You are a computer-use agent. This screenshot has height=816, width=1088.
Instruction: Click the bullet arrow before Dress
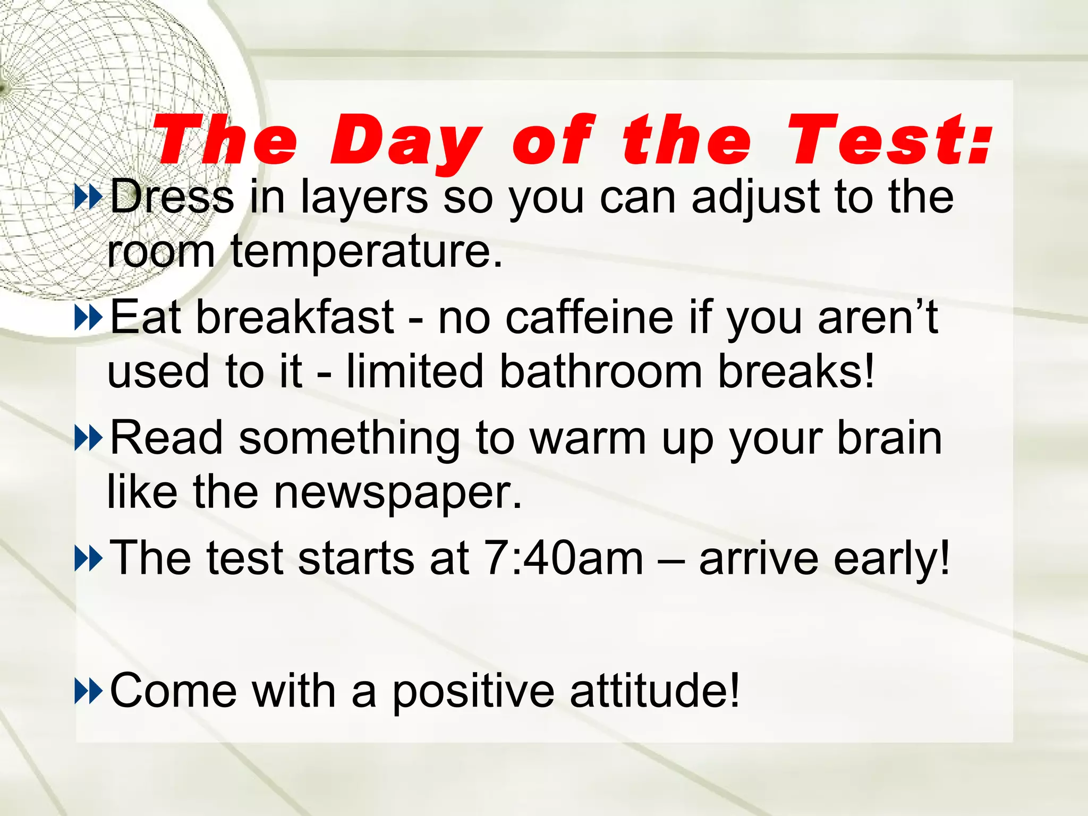tap(88, 197)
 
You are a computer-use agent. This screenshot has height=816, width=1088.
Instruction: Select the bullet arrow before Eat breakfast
tap(88, 318)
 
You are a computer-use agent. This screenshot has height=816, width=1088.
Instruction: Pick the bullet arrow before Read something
tap(88, 438)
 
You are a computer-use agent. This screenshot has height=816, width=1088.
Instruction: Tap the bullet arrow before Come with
tap(88, 691)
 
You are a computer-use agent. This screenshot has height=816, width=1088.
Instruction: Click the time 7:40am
tap(564, 558)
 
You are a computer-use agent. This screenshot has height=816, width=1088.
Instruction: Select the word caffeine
tap(589, 317)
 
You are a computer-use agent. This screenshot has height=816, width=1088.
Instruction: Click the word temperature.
tap(367, 252)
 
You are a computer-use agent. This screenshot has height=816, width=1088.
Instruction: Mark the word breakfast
tap(295, 317)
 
